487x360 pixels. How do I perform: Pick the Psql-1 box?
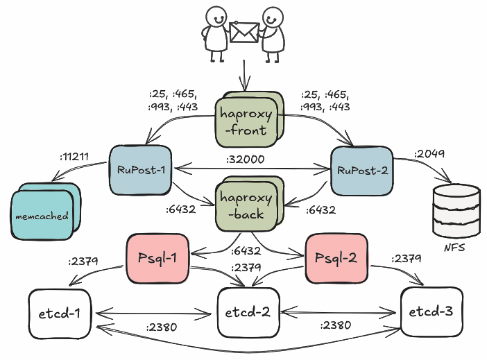click(x=157, y=259)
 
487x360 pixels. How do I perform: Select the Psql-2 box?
click(x=335, y=259)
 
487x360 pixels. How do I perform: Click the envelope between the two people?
click(x=243, y=33)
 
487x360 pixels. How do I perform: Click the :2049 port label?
click(x=431, y=153)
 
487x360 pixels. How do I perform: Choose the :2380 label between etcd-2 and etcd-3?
click(x=336, y=325)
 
